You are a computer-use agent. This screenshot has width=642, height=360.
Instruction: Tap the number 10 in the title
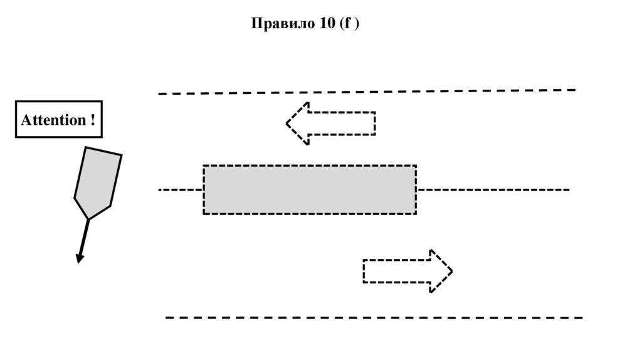tap(325, 24)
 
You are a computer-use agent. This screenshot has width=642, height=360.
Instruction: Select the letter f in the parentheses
tap(348, 24)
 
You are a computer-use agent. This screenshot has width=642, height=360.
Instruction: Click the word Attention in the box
tap(53, 120)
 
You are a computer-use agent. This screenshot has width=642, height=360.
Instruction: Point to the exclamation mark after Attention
tap(92, 120)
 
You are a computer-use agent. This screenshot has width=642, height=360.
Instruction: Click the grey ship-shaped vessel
tap(97, 181)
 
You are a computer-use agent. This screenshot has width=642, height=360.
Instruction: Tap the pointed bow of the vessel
tap(88, 218)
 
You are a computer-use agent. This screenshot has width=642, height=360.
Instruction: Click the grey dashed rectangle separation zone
tap(309, 189)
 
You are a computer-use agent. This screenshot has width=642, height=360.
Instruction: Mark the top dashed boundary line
tap(367, 92)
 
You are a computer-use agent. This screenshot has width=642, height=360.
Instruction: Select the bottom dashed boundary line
tap(374, 317)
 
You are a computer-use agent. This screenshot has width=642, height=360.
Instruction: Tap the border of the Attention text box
tap(58, 101)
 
